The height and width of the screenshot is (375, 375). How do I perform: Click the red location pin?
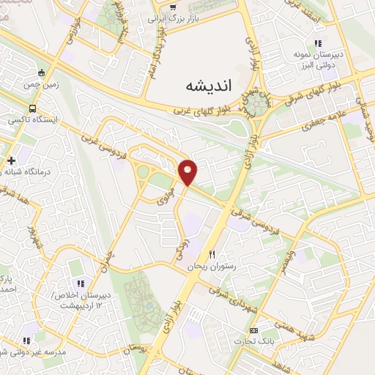click(189, 172)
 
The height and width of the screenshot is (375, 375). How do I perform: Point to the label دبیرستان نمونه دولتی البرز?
click(323, 59)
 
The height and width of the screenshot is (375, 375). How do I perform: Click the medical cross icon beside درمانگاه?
click(10, 160)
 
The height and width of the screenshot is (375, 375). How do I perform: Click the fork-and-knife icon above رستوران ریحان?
click(212, 254)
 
